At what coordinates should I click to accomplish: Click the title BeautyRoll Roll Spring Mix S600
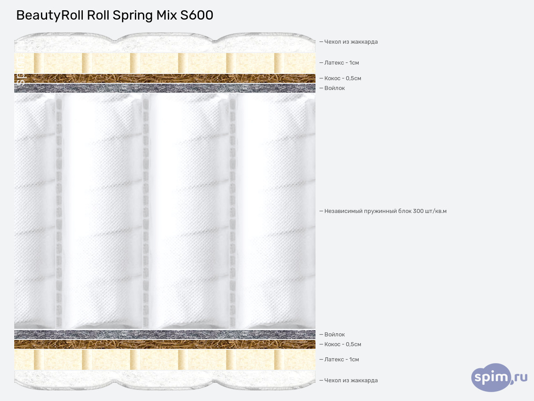point(115,16)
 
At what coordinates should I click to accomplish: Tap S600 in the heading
point(197,16)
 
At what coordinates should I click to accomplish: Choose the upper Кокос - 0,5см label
point(343,78)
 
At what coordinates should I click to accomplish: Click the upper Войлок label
point(334,88)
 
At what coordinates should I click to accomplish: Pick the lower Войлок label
point(334,335)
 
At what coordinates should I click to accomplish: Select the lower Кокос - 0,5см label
point(343,344)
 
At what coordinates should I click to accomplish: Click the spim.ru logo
point(499,377)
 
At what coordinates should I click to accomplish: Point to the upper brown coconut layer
point(165,78)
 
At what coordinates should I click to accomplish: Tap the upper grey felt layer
point(165,88)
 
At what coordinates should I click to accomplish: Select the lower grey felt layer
point(165,335)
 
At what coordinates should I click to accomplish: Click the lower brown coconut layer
point(165,344)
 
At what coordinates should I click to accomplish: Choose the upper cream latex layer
point(165,63)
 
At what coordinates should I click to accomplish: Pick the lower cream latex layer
point(165,360)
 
